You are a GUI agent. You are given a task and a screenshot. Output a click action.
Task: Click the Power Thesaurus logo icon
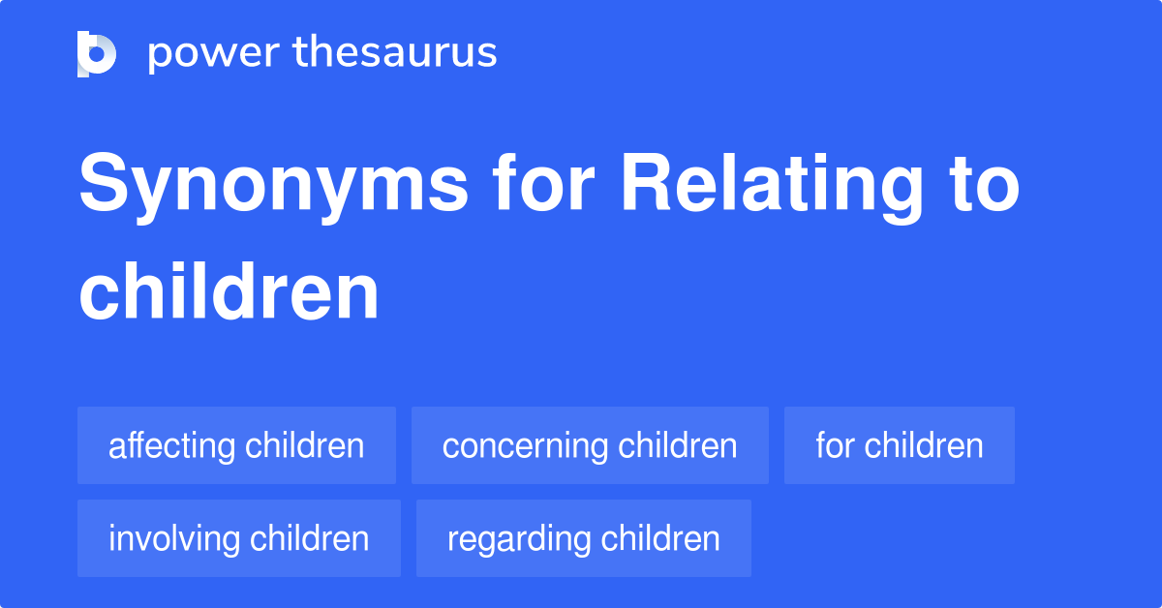[97, 53]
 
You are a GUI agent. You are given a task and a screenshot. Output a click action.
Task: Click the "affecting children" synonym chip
[236, 445]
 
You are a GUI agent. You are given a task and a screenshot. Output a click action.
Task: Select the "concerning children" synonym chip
[590, 445]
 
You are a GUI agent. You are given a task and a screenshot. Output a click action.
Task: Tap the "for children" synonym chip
[899, 445]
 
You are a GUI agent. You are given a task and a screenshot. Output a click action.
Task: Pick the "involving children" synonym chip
[238, 538]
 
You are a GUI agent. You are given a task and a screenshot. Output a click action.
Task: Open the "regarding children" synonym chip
[583, 538]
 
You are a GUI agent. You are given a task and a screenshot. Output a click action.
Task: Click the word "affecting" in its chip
[172, 446]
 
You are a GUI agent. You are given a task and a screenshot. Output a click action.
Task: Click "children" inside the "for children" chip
[924, 445]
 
